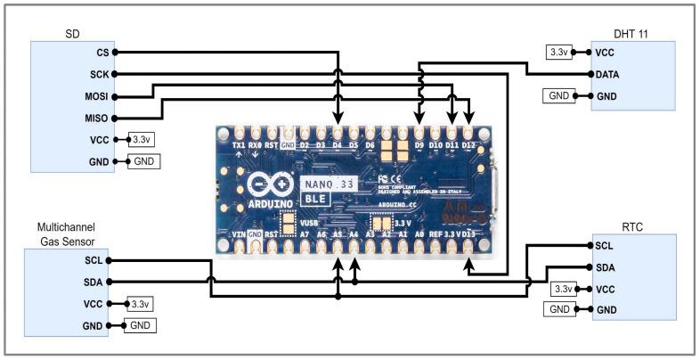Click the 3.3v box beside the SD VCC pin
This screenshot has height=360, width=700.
142,140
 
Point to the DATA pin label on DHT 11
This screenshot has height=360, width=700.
610,74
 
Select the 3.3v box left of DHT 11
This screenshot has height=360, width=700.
558,53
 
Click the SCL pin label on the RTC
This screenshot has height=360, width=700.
604,245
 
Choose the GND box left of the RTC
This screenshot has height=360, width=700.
558,309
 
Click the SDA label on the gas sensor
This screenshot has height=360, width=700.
93,282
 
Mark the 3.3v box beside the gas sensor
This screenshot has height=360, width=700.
140,304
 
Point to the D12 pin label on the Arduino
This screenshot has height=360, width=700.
471,144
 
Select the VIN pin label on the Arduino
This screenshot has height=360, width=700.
239,233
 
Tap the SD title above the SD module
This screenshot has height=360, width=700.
73,34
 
